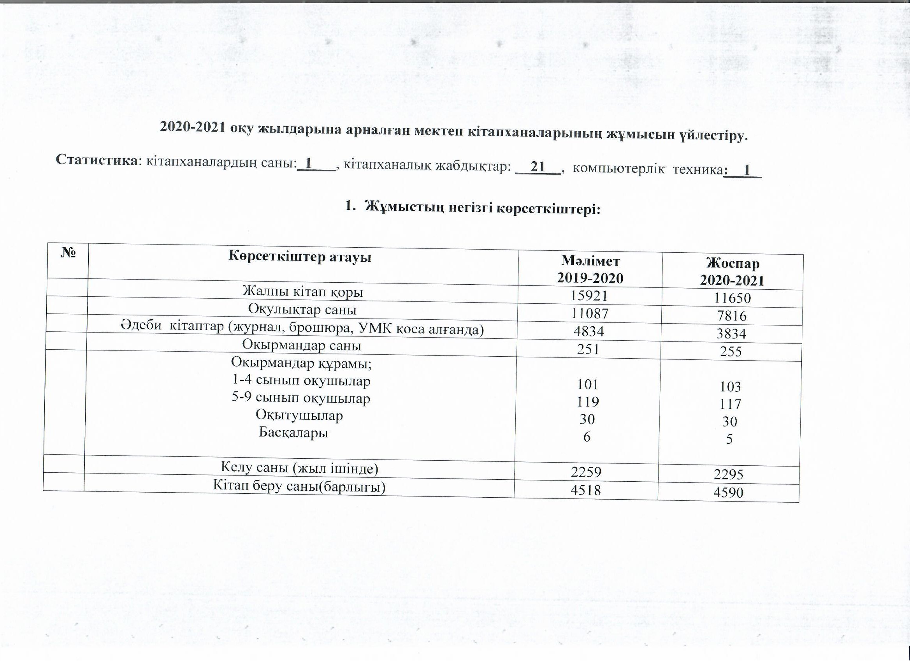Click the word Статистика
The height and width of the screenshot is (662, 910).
pyautogui.click(x=96, y=160)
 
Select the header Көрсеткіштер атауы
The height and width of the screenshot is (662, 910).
pyautogui.click(x=300, y=257)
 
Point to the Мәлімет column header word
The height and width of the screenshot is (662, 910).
pyautogui.click(x=590, y=261)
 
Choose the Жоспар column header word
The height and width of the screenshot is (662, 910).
pyautogui.click(x=733, y=264)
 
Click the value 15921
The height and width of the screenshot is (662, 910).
pyautogui.click(x=589, y=296)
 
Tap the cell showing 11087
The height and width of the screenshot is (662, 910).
pyautogui.click(x=589, y=313)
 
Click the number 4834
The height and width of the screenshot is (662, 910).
pyautogui.click(x=589, y=331)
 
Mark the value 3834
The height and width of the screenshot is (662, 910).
pyautogui.click(x=731, y=334)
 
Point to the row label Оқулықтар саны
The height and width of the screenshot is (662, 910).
pyautogui.click(x=302, y=310)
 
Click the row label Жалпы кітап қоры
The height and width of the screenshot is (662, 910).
pyautogui.click(x=302, y=292)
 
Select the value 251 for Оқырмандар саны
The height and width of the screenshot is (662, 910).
pyautogui.click(x=588, y=349)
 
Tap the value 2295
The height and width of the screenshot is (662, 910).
pyautogui.click(x=728, y=475)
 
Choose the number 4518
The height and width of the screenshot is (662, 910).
pyautogui.click(x=586, y=490)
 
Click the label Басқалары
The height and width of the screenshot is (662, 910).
pyautogui.click(x=293, y=432)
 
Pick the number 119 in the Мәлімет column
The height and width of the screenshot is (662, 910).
pyautogui.click(x=588, y=402)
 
